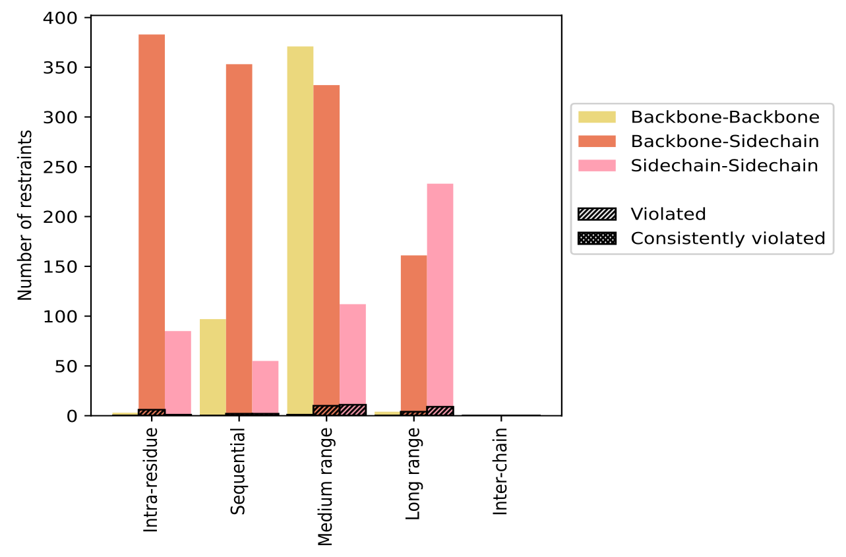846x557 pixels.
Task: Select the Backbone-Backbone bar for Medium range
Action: point(300,231)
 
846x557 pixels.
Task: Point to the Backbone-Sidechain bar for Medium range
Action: point(326,244)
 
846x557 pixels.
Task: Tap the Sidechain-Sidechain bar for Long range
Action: point(440,297)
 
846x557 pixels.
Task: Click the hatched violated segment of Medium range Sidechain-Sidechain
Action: point(353,410)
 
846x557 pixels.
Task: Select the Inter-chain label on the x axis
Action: point(500,471)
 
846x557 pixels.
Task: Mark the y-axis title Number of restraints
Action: point(25,216)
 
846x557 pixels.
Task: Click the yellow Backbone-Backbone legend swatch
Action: point(596,117)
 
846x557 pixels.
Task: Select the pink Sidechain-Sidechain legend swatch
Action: point(596,165)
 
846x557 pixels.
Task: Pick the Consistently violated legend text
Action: point(728,238)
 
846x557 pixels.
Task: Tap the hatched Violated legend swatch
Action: point(596,214)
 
